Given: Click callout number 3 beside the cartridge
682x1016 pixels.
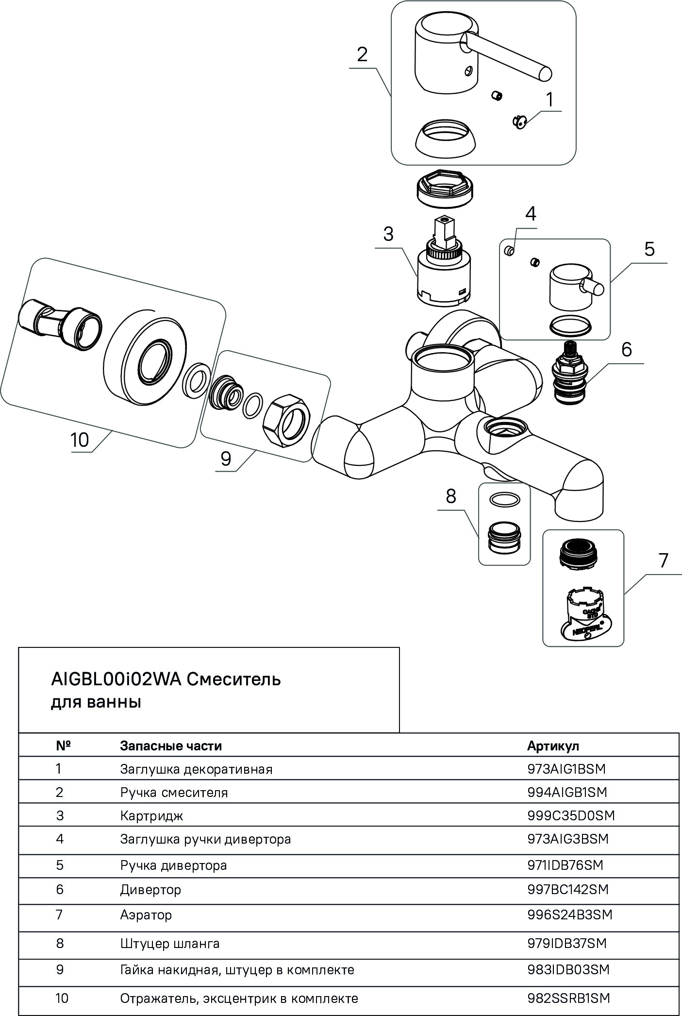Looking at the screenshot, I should coord(388,234).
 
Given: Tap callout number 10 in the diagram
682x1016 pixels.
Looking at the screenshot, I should coord(80,440).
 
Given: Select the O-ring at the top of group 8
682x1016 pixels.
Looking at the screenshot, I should coord(504,499).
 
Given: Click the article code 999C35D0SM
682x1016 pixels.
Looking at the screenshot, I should coord(571,815).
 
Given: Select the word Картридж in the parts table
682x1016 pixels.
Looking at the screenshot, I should coord(151,816).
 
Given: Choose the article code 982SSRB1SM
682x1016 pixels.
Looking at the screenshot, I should coord(568,998).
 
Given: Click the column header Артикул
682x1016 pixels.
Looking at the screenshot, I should coord(553,745).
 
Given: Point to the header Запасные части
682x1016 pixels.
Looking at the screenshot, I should coord(171,745).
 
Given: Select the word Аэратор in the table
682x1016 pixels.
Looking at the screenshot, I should coord(146,915).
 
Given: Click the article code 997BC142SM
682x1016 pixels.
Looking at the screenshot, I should coord(567,889).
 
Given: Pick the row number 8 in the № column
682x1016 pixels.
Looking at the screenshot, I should coord(60,943).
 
